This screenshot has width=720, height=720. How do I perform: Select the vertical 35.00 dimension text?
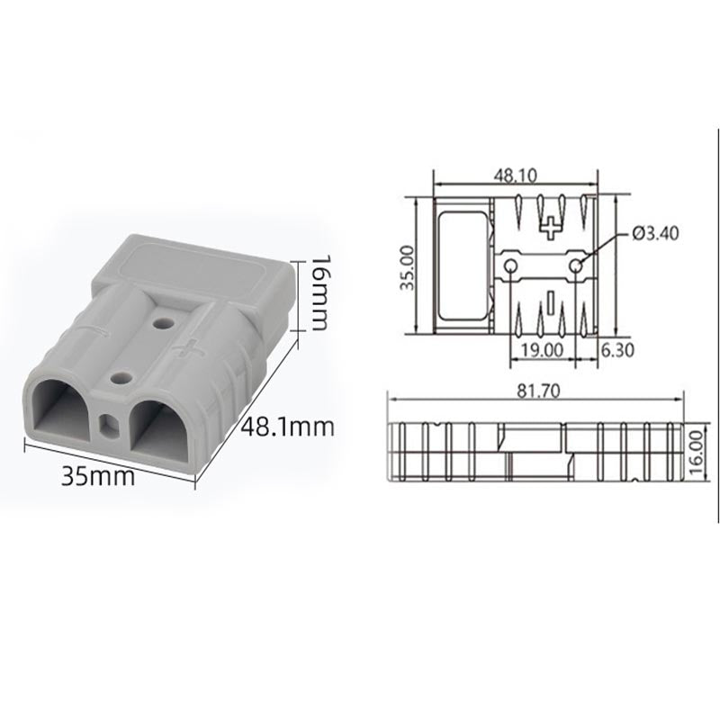pyautogui.click(x=406, y=266)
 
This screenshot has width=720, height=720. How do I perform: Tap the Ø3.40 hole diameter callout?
pyautogui.click(x=655, y=233)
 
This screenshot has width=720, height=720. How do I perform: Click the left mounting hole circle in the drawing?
pyautogui.click(x=511, y=266)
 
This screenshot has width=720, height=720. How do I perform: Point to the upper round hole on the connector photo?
pyautogui.click(x=163, y=320)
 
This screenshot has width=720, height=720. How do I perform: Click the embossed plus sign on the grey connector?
pyautogui.click(x=189, y=347)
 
